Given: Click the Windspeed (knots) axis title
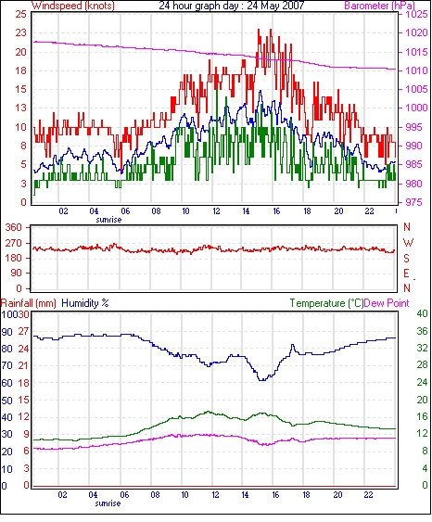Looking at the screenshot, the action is (73, 6).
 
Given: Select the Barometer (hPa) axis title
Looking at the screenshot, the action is (379, 6).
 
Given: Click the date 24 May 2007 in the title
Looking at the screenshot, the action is (275, 6).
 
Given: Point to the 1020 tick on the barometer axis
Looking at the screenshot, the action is (416, 32).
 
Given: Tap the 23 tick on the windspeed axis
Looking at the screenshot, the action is (20, 32).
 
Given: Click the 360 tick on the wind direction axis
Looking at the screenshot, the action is (15, 228).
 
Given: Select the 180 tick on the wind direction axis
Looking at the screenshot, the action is (15, 258).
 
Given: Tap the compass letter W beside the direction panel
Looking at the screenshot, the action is (408, 243).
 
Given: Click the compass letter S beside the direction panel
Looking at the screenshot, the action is (406, 258).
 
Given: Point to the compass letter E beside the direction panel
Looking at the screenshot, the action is (406, 274).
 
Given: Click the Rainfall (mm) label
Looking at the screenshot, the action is (29, 303).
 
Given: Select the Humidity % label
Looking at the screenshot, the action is (85, 303).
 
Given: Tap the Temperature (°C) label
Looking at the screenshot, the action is (326, 303).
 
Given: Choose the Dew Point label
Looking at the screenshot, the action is (387, 303).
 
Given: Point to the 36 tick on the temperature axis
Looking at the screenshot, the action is (423, 331).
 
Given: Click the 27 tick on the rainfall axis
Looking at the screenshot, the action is (23, 332).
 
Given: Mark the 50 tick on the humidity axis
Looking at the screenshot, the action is (7, 401).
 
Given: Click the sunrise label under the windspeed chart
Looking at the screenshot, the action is (108, 220).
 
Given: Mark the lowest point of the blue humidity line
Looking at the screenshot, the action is (262, 380).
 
